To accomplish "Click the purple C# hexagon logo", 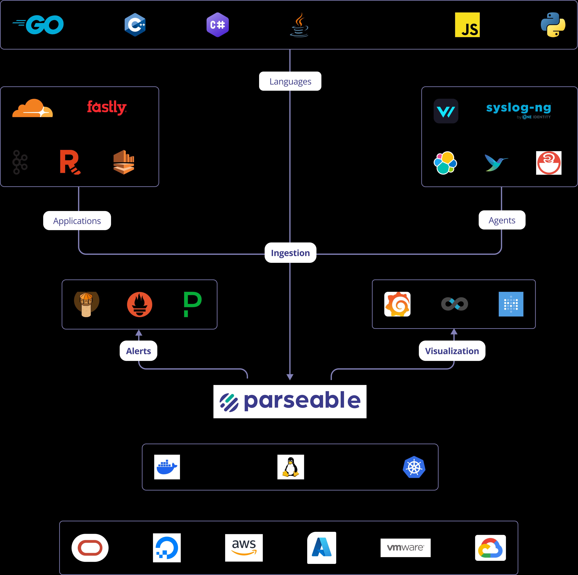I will [217, 25].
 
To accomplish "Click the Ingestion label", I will [290, 253].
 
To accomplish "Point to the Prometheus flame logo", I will [139, 305].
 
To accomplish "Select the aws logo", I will [244, 548].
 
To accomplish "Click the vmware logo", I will [405, 548].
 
